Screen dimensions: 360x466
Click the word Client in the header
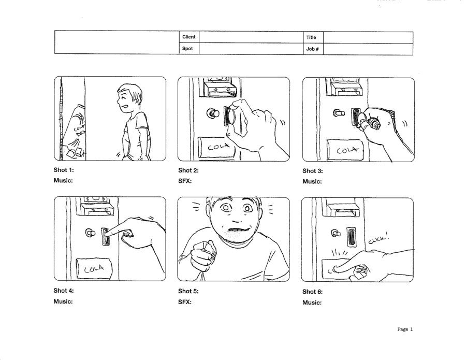coord(188,37)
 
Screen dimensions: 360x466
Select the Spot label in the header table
coord(187,49)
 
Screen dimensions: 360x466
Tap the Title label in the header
coord(311,37)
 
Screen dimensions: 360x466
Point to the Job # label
coord(312,49)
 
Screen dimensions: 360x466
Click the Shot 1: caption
coord(64,170)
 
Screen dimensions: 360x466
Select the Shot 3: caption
coord(313,171)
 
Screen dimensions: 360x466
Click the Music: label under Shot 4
coord(63,301)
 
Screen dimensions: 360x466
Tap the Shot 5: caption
coord(188,291)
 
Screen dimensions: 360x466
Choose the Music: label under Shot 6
coord(312,303)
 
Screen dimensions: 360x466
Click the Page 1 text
coord(405,329)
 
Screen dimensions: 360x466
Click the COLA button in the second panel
coord(217,147)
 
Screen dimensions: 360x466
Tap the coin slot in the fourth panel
coord(106,237)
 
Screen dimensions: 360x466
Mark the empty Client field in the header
coord(251,37)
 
